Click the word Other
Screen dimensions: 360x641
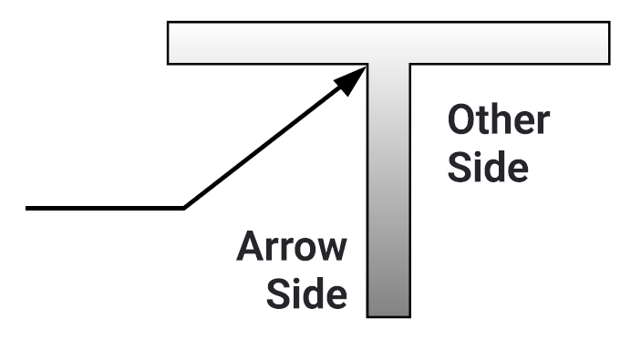click(x=498, y=121)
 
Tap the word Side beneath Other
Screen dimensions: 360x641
click(x=488, y=169)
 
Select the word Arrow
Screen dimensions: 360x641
click(x=292, y=247)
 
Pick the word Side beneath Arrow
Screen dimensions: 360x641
click(x=305, y=294)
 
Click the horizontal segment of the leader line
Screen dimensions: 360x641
click(x=105, y=209)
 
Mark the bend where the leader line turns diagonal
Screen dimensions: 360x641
click(x=184, y=209)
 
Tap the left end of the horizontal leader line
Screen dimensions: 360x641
click(x=27, y=209)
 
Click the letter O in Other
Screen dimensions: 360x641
click(x=461, y=121)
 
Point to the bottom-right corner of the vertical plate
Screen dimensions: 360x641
click(x=409, y=316)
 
